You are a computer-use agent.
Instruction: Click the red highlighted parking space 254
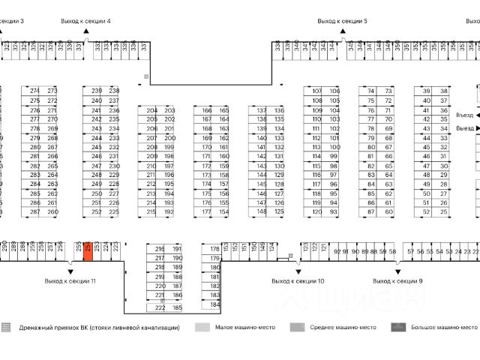[88, 251]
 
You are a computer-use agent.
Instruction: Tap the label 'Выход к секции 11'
[70, 280]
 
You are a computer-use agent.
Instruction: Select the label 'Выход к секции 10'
[298, 280]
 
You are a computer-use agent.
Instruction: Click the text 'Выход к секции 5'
[342, 22]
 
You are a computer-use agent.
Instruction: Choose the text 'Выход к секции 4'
[85, 22]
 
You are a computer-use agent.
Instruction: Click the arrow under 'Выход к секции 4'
[85, 32]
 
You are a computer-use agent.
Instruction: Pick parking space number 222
[160, 307]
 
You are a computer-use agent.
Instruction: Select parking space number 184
[215, 304]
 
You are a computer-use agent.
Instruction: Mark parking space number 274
[34, 91]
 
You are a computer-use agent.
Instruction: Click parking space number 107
[316, 91]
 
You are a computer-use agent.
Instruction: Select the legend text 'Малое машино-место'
[245, 328]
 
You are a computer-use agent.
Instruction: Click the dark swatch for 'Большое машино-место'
[397, 328]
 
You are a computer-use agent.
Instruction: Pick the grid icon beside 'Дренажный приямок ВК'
[7, 328]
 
